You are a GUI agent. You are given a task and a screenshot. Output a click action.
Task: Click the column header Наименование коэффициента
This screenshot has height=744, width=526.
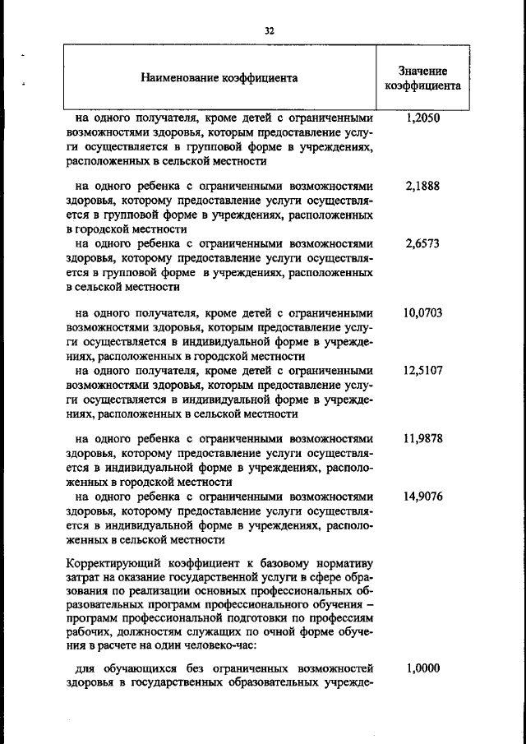[x=219, y=79]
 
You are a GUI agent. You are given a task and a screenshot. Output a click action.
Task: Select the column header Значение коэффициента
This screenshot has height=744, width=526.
[x=422, y=78]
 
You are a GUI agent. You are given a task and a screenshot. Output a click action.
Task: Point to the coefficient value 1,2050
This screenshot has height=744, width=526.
[x=422, y=118]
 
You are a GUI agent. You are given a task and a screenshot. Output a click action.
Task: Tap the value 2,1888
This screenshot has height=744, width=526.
[x=422, y=186]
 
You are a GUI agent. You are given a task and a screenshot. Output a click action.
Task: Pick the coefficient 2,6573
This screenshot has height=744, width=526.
[x=422, y=244]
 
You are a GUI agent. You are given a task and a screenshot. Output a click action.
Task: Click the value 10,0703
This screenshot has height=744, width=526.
[x=422, y=313]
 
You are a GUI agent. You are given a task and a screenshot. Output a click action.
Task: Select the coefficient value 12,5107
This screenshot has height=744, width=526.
[x=422, y=371]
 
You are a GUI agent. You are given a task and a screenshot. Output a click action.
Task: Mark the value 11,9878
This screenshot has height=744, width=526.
[x=422, y=439]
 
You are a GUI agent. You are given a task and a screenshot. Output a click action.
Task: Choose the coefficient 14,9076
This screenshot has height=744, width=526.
[x=422, y=497]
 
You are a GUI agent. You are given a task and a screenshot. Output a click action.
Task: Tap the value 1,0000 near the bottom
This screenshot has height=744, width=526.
[x=422, y=668]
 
